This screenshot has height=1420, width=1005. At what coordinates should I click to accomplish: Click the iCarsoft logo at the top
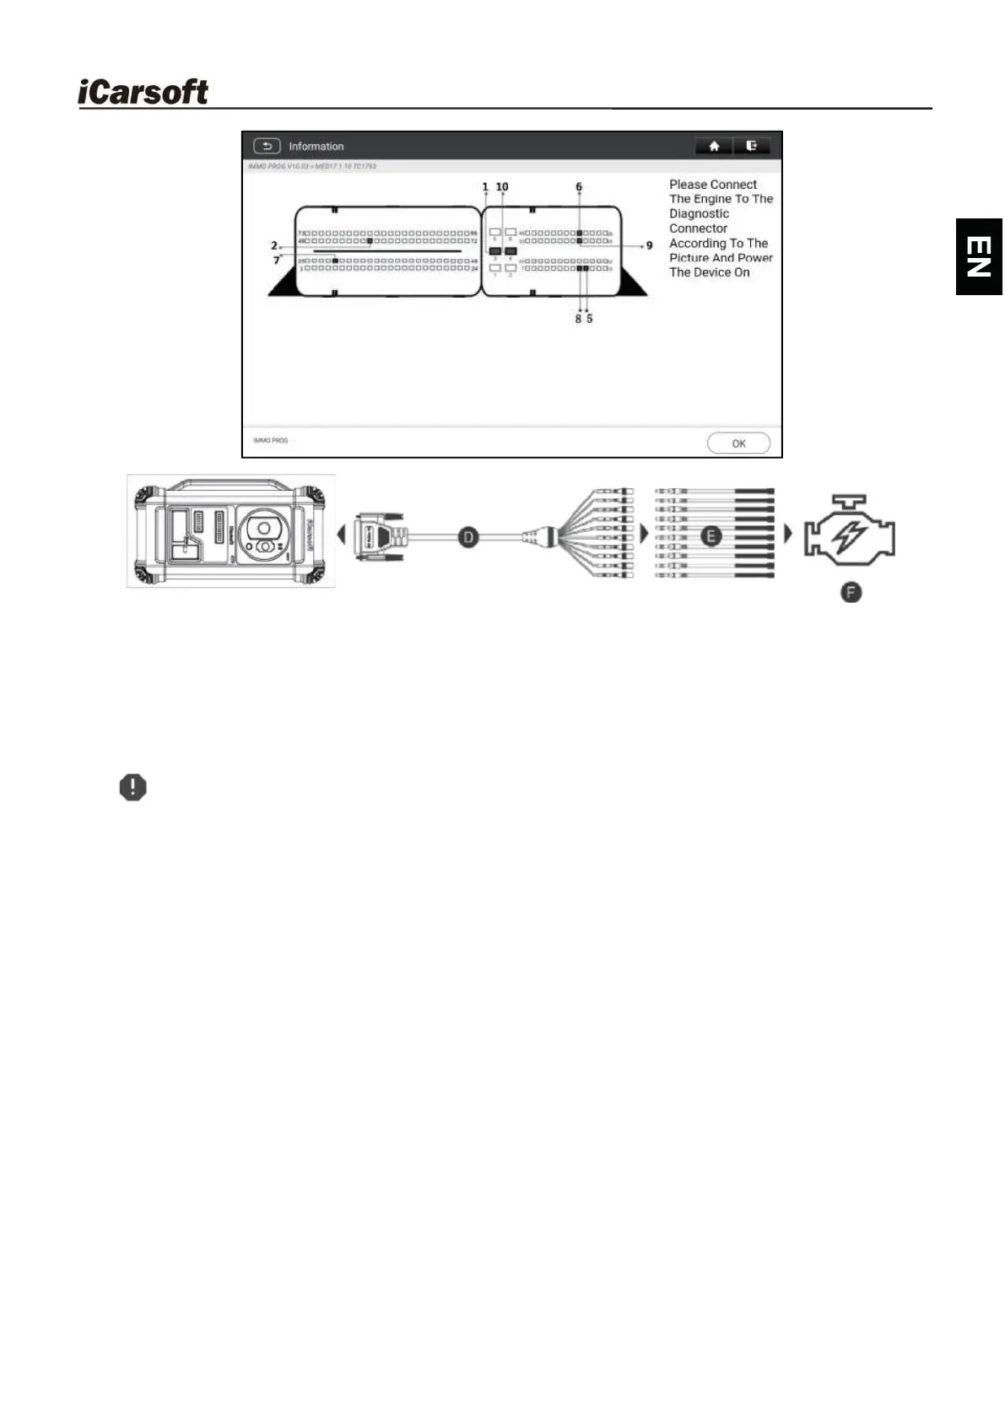(143, 92)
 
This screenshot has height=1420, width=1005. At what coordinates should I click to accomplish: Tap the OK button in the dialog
(738, 444)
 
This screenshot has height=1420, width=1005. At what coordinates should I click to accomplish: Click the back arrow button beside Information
(267, 146)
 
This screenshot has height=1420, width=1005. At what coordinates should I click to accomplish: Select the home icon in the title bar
(714, 146)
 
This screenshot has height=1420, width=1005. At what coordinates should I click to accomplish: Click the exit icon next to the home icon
(751, 146)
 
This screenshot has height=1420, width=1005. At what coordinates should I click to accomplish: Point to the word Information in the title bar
(316, 147)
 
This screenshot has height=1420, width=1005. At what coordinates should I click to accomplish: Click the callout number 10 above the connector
(502, 187)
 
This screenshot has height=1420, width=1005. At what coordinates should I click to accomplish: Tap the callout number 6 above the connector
(579, 187)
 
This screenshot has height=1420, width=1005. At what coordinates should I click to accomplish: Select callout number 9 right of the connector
(649, 246)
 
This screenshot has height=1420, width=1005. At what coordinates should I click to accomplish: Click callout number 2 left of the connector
(274, 245)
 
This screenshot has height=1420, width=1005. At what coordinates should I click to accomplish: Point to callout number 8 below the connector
(578, 319)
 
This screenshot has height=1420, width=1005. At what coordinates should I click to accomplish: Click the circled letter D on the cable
(468, 535)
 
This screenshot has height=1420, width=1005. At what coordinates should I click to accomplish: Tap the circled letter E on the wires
(712, 535)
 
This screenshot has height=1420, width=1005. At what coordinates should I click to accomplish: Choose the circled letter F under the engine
(851, 593)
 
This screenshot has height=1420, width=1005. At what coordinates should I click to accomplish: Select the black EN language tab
(979, 256)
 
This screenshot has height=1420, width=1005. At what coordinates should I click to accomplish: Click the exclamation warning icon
(132, 788)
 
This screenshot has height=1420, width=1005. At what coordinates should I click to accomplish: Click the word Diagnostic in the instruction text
(699, 214)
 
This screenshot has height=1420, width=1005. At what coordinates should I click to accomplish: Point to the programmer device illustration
(231, 531)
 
